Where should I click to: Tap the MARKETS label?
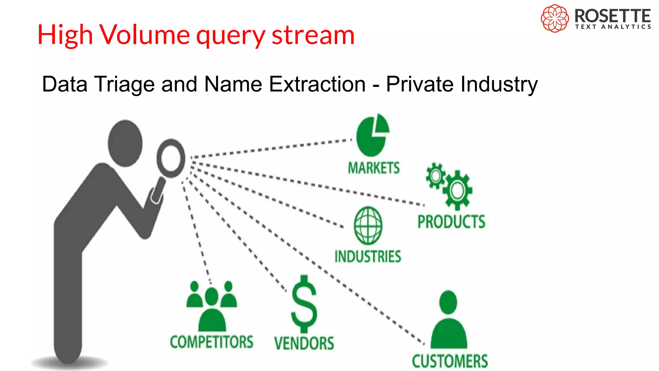pos(374,168)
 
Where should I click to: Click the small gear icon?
pos(436,176)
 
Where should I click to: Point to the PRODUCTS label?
pos(451,222)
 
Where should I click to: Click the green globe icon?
pos(368,225)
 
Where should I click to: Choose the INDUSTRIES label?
pos(368,257)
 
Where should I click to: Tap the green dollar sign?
pos(304,304)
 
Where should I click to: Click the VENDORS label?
pos(304,343)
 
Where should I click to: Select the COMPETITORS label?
pos(211,342)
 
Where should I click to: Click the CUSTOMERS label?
pos(450,361)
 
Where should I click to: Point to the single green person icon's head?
pos(448,302)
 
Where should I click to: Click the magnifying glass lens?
pos(171,158)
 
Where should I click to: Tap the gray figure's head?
pos(125,143)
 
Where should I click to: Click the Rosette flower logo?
pos(554,18)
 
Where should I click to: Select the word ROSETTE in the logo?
pos(613,15)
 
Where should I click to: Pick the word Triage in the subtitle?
pos(125,84)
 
